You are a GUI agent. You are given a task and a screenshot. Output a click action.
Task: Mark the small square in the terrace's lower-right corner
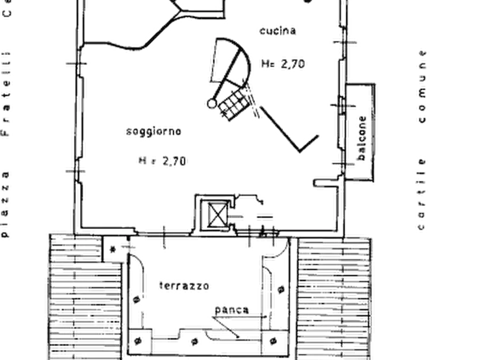(x=274, y=341)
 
